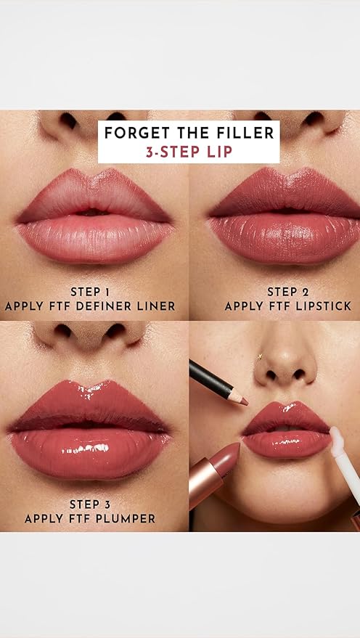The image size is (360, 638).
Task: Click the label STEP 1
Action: [90, 292]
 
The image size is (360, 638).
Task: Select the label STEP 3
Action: [90, 504]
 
